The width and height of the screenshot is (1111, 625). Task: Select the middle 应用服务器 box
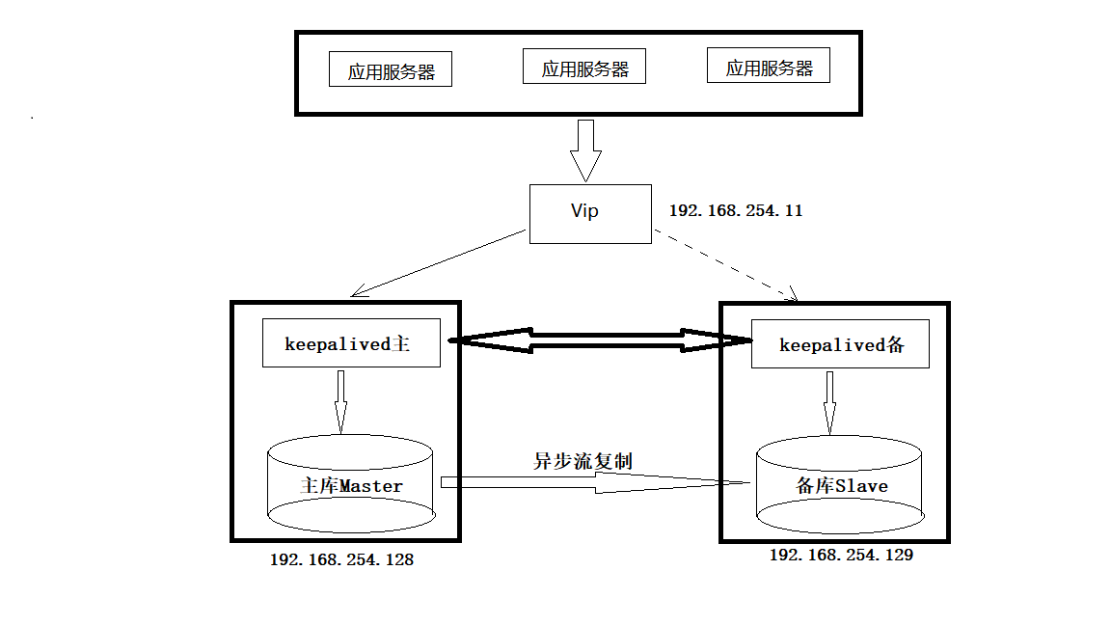(x=583, y=68)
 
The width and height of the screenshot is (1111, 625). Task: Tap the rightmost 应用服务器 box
(x=769, y=67)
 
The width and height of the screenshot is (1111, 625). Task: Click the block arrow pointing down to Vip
(x=584, y=149)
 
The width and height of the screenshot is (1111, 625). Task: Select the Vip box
(x=589, y=213)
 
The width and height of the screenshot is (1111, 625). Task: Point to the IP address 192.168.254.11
(x=736, y=210)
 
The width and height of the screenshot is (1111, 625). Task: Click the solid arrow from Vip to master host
(x=439, y=262)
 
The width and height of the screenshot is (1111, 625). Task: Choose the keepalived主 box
(x=351, y=343)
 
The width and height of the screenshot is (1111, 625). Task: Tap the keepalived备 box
(x=840, y=344)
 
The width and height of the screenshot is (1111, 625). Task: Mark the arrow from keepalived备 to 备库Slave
(x=829, y=402)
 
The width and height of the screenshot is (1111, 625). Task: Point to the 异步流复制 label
(x=583, y=460)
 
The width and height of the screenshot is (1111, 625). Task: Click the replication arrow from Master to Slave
(x=595, y=482)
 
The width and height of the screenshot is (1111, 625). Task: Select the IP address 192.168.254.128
(x=341, y=559)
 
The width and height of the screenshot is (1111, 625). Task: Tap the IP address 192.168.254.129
(x=840, y=556)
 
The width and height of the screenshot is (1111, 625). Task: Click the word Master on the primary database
(x=370, y=486)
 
